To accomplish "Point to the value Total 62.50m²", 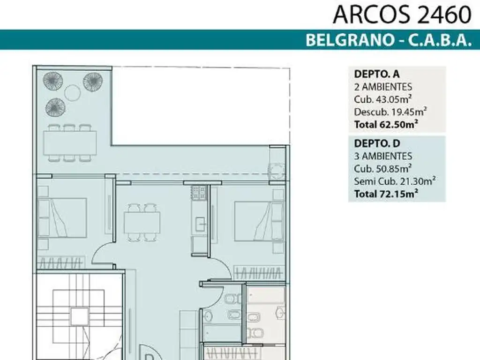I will click(x=386, y=124).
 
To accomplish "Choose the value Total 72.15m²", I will click(x=386, y=193).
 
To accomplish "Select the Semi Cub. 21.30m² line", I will click(x=393, y=180).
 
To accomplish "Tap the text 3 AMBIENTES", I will click(x=383, y=156).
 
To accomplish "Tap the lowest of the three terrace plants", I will click(x=55, y=108).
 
